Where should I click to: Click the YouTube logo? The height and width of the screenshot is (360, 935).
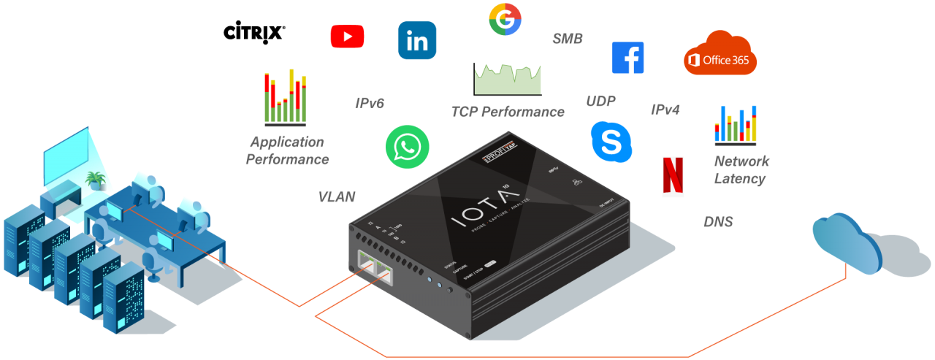[x=347, y=36]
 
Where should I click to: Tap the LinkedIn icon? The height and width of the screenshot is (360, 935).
[x=417, y=40]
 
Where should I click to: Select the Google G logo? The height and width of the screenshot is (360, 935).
[x=505, y=19]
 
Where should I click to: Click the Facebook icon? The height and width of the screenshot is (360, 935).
[x=627, y=58]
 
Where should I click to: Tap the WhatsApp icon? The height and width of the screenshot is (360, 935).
[x=407, y=147]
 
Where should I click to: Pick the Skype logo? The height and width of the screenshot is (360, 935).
[x=610, y=141]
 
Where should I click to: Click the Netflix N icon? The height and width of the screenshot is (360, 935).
[x=673, y=177]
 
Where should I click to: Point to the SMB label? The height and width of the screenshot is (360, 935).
[x=568, y=39]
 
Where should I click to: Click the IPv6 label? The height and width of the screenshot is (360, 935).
[x=370, y=104]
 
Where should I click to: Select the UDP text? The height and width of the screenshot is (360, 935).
[x=600, y=101]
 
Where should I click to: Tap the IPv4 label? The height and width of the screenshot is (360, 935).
[x=665, y=110]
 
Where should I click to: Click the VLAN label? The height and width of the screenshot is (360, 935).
[x=336, y=196]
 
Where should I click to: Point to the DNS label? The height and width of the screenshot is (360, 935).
[x=718, y=222]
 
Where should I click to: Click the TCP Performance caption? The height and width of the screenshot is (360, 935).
[x=508, y=112]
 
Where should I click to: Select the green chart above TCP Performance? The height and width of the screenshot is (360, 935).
[x=508, y=80]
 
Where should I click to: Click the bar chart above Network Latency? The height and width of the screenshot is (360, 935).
[x=736, y=125]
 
